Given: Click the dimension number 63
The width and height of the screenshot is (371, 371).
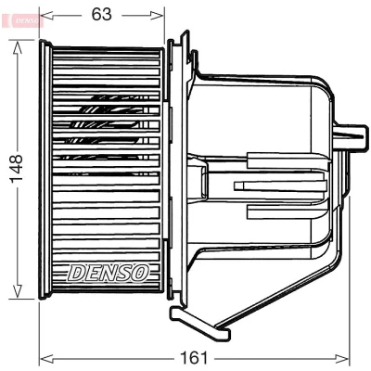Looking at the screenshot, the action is pyautogui.click(x=101, y=14).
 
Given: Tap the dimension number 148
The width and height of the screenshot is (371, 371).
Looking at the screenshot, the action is pyautogui.click(x=17, y=169).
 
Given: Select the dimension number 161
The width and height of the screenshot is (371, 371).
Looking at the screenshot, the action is pyautogui.click(x=194, y=359).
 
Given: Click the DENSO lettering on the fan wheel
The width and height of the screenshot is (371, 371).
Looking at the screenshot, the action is pyautogui.click(x=108, y=273).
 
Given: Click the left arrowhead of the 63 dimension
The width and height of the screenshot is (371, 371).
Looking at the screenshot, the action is pyautogui.click(x=47, y=15).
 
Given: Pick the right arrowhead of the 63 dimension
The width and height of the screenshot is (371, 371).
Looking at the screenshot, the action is pyautogui.click(x=157, y=15).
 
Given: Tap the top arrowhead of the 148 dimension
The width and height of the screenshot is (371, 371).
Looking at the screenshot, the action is pyautogui.click(x=18, y=48).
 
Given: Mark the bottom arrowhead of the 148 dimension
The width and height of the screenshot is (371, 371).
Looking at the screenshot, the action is pyautogui.click(x=18, y=291).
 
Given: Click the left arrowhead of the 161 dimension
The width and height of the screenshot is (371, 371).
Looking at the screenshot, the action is pyautogui.click(x=47, y=359).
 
